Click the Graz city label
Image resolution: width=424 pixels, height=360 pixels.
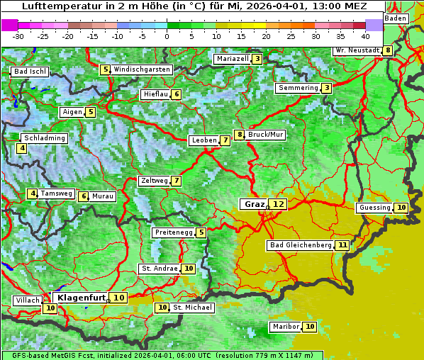click(x=253, y=204)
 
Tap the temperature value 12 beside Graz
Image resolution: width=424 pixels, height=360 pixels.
click(x=278, y=204)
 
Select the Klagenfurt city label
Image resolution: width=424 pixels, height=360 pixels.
click(x=81, y=298)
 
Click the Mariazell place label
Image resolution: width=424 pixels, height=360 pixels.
click(x=232, y=59)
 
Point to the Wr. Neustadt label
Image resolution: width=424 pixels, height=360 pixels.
click(x=357, y=50)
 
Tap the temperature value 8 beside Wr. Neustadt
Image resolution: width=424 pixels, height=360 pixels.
click(x=387, y=50)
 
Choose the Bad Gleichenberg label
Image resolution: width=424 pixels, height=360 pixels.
click(x=301, y=245)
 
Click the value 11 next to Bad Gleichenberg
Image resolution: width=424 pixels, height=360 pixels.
click(x=342, y=245)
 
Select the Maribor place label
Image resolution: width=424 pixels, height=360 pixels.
click(x=285, y=327)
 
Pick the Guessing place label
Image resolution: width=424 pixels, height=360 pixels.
click(x=374, y=208)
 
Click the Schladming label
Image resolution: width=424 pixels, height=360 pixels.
click(x=44, y=138)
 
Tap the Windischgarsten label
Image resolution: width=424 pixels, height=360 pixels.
click(x=142, y=69)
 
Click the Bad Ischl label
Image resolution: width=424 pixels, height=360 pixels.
click(x=30, y=72)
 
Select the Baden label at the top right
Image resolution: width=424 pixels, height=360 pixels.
click(x=396, y=18)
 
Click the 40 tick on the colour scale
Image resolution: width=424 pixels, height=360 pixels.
click(x=365, y=35)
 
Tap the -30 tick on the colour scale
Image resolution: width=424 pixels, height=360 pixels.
click(x=18, y=35)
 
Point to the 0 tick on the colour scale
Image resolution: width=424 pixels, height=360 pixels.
click(x=167, y=35)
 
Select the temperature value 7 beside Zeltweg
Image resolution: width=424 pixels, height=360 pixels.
click(x=176, y=181)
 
